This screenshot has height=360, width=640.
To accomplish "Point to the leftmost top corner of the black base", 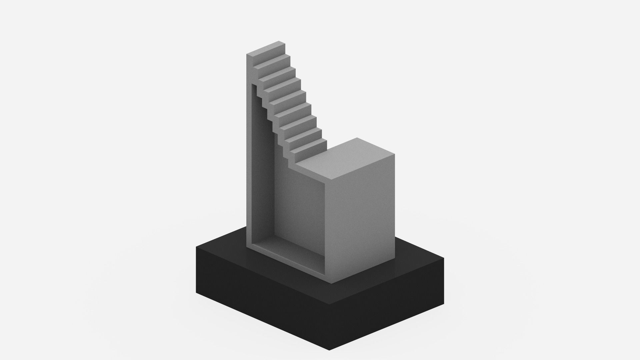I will click(x=196, y=247).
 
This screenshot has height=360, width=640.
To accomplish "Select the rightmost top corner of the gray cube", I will click(x=395, y=154).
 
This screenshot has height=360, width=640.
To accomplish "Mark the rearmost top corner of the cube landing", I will click(x=358, y=138).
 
